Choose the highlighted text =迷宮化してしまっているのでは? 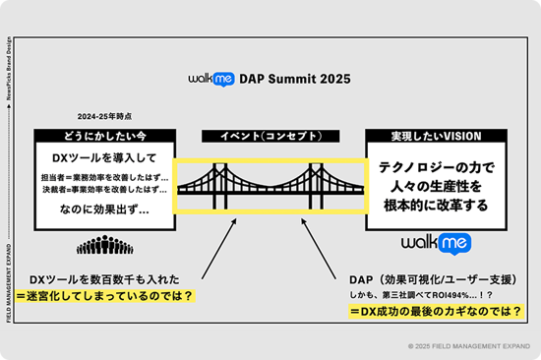click(110, 295)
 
